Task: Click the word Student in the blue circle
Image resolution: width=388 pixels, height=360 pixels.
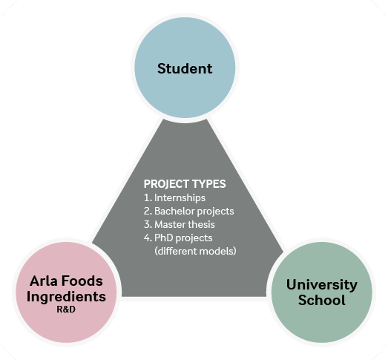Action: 185,68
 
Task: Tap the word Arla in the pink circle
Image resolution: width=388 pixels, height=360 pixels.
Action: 44,281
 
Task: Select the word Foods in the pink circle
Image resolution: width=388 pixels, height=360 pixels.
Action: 82,281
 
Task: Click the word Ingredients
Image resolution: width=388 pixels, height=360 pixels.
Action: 66,297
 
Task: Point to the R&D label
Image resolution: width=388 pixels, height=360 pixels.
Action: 66,310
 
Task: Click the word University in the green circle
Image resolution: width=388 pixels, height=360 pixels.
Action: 322,285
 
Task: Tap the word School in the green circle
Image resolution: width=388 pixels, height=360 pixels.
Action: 322,300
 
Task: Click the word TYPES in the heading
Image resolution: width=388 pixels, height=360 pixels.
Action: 209,184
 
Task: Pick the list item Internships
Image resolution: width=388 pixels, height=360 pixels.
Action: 180,198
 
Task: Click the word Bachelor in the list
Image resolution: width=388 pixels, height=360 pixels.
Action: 174,212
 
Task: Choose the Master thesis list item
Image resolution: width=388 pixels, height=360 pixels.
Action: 185,225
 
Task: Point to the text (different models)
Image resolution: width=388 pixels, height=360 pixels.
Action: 195,252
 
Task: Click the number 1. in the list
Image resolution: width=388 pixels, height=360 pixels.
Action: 148,198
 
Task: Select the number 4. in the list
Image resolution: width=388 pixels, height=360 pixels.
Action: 148,238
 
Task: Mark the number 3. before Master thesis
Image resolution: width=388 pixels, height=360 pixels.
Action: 148,225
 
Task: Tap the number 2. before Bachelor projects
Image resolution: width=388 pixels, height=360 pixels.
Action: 148,212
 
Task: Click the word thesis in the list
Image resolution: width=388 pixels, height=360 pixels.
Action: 201,225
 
